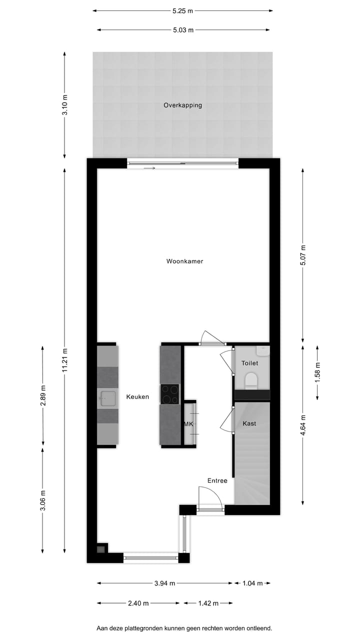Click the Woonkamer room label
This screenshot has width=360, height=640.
184,261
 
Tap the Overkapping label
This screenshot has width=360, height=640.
182,105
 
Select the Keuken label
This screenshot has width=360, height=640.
137,396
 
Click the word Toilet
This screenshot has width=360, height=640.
249,363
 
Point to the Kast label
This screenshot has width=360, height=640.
249,423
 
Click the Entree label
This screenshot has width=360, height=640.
217,480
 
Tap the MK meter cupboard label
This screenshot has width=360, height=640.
188,424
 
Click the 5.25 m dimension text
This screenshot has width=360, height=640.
182,10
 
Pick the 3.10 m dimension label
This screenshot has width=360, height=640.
64,104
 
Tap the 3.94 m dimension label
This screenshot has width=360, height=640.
164,583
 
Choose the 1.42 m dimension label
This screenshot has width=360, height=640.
208,603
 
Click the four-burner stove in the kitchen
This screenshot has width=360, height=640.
169,393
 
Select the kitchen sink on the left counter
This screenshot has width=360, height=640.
107,398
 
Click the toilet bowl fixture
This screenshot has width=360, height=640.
251,381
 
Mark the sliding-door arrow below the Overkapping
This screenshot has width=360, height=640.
149,168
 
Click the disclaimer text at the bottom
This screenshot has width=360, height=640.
184,627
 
